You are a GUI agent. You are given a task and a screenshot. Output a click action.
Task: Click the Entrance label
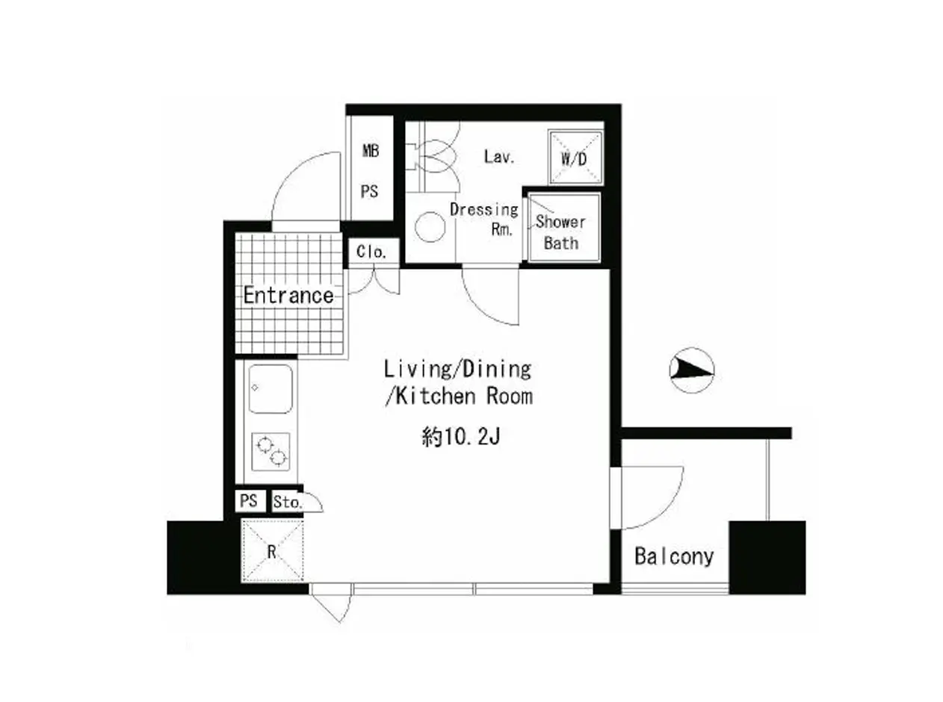[x=288, y=295]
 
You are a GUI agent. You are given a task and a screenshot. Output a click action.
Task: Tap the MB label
[x=371, y=151]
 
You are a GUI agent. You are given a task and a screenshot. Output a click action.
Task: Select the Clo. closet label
[x=371, y=252]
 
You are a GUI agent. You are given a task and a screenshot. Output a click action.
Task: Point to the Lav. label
[x=500, y=157]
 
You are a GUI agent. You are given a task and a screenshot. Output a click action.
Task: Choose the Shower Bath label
[x=560, y=232]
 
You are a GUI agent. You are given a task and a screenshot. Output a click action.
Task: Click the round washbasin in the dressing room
[x=430, y=227]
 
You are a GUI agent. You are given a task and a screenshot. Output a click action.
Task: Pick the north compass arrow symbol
[x=692, y=370]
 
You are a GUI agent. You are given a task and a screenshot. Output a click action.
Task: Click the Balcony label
[x=674, y=557]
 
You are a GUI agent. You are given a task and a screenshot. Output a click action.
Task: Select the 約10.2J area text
[x=460, y=437]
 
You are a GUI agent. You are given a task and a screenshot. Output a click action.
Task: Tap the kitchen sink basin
[x=270, y=389]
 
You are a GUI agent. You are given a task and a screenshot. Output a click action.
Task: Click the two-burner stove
[x=270, y=452]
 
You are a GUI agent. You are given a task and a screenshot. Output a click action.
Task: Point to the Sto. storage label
[x=288, y=503]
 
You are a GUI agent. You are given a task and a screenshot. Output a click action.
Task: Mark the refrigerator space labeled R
[x=272, y=550]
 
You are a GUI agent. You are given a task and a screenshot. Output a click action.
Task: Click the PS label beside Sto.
[x=249, y=500]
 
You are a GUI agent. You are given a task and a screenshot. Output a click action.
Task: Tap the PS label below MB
[x=369, y=192]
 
